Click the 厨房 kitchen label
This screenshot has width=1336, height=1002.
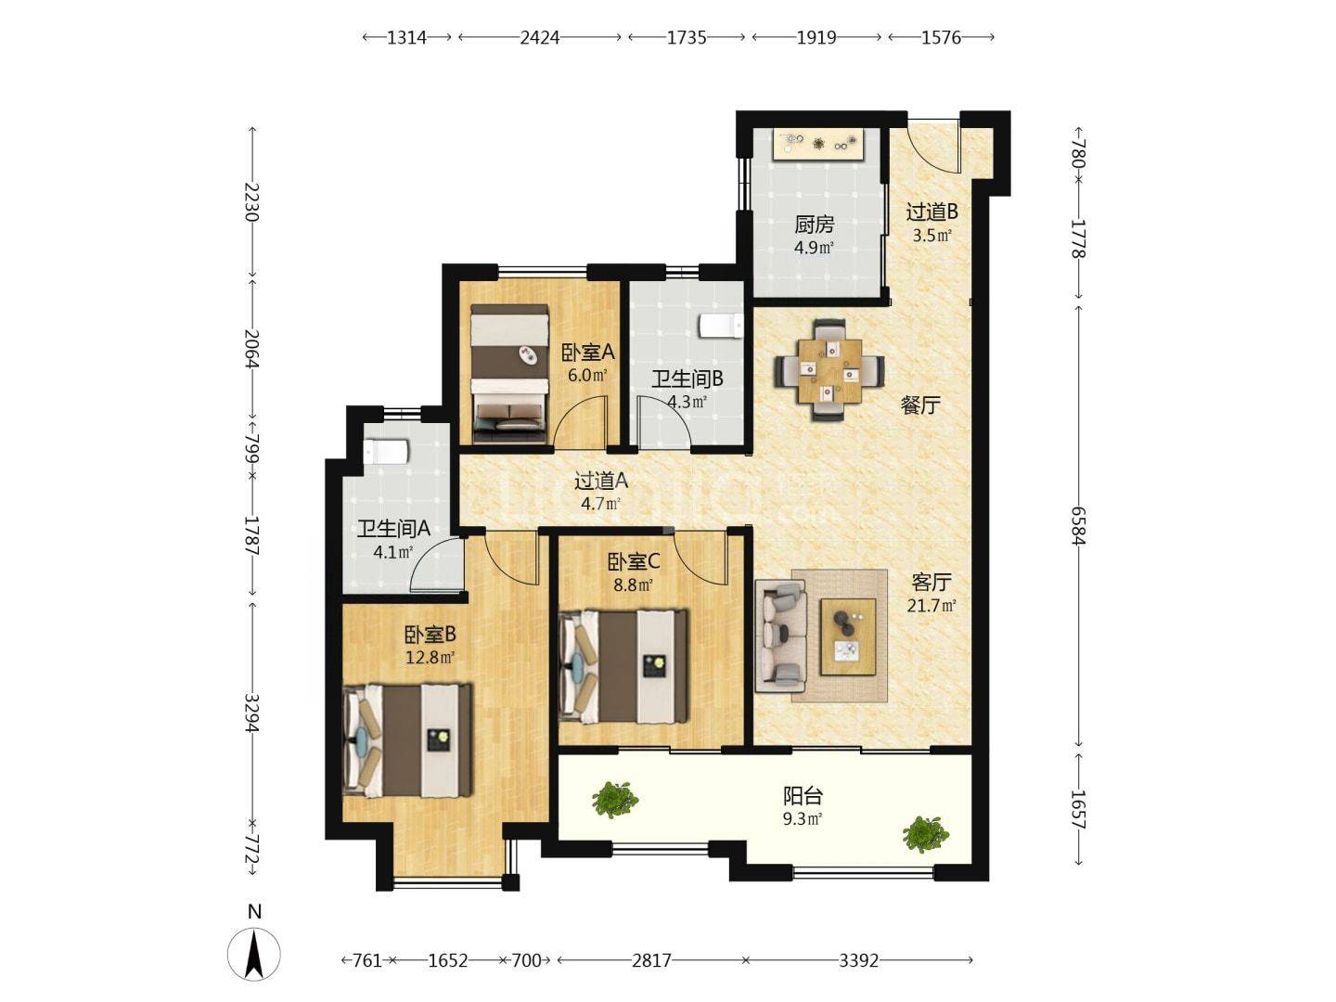(x=813, y=225)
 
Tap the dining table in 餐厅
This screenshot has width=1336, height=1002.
(x=829, y=370)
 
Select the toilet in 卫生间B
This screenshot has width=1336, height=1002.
(x=721, y=326)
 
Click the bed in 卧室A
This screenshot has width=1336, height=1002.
(x=509, y=374)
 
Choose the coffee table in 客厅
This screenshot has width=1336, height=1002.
(x=848, y=636)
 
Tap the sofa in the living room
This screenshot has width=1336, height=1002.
(x=781, y=636)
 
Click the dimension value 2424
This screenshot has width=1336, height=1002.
(x=539, y=38)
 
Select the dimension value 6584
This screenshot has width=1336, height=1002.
(x=1078, y=526)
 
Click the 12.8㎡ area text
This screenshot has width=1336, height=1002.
(x=430, y=658)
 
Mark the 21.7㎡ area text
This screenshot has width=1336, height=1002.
(x=931, y=606)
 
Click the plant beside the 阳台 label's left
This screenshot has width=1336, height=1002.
(x=615, y=799)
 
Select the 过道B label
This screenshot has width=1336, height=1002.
(x=931, y=212)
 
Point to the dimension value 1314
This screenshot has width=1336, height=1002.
(x=406, y=38)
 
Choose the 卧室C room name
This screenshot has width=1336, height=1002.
(x=634, y=561)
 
